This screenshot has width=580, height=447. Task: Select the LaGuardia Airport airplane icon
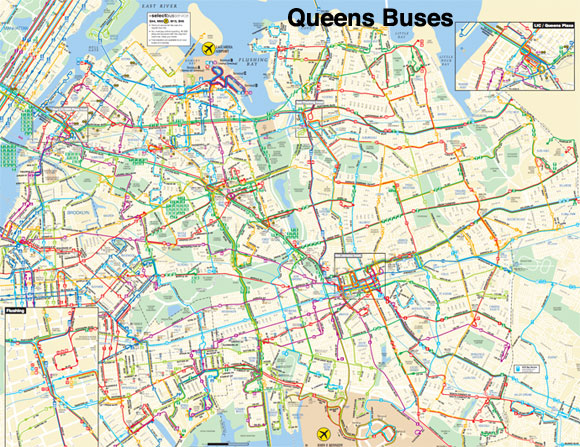209,48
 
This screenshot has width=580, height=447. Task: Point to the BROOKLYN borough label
80,213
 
